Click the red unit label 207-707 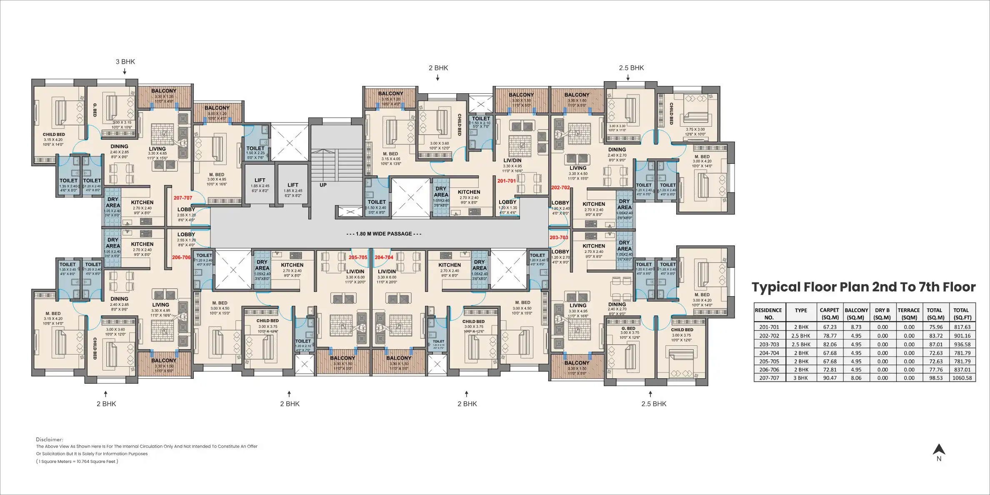pyautogui.click(x=183, y=198)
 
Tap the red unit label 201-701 pyautogui.click(x=506, y=181)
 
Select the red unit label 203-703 pyautogui.click(x=559, y=237)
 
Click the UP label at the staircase pyautogui.click(x=323, y=185)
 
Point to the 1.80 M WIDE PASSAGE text pyautogui.click(x=384, y=234)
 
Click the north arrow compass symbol pyautogui.click(x=939, y=450)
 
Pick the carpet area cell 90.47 pyautogui.click(x=829, y=378)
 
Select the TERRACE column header pyautogui.click(x=909, y=310)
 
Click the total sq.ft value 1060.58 pyautogui.click(x=962, y=378)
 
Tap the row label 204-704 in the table pyautogui.click(x=769, y=353)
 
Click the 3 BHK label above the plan pyautogui.click(x=125, y=62)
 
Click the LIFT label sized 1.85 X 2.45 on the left pyautogui.click(x=260, y=180)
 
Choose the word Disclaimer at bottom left pyautogui.click(x=50, y=440)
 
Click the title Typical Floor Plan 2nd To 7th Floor pyautogui.click(x=863, y=287)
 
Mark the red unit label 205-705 pyautogui.click(x=358, y=257)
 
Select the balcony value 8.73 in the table pyautogui.click(x=856, y=327)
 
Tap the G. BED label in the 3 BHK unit pyautogui.click(x=95, y=110)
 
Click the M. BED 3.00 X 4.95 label pyautogui.click(x=217, y=175)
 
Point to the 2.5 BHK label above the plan pyautogui.click(x=631, y=68)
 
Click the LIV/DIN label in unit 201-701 pyautogui.click(x=512, y=160)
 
